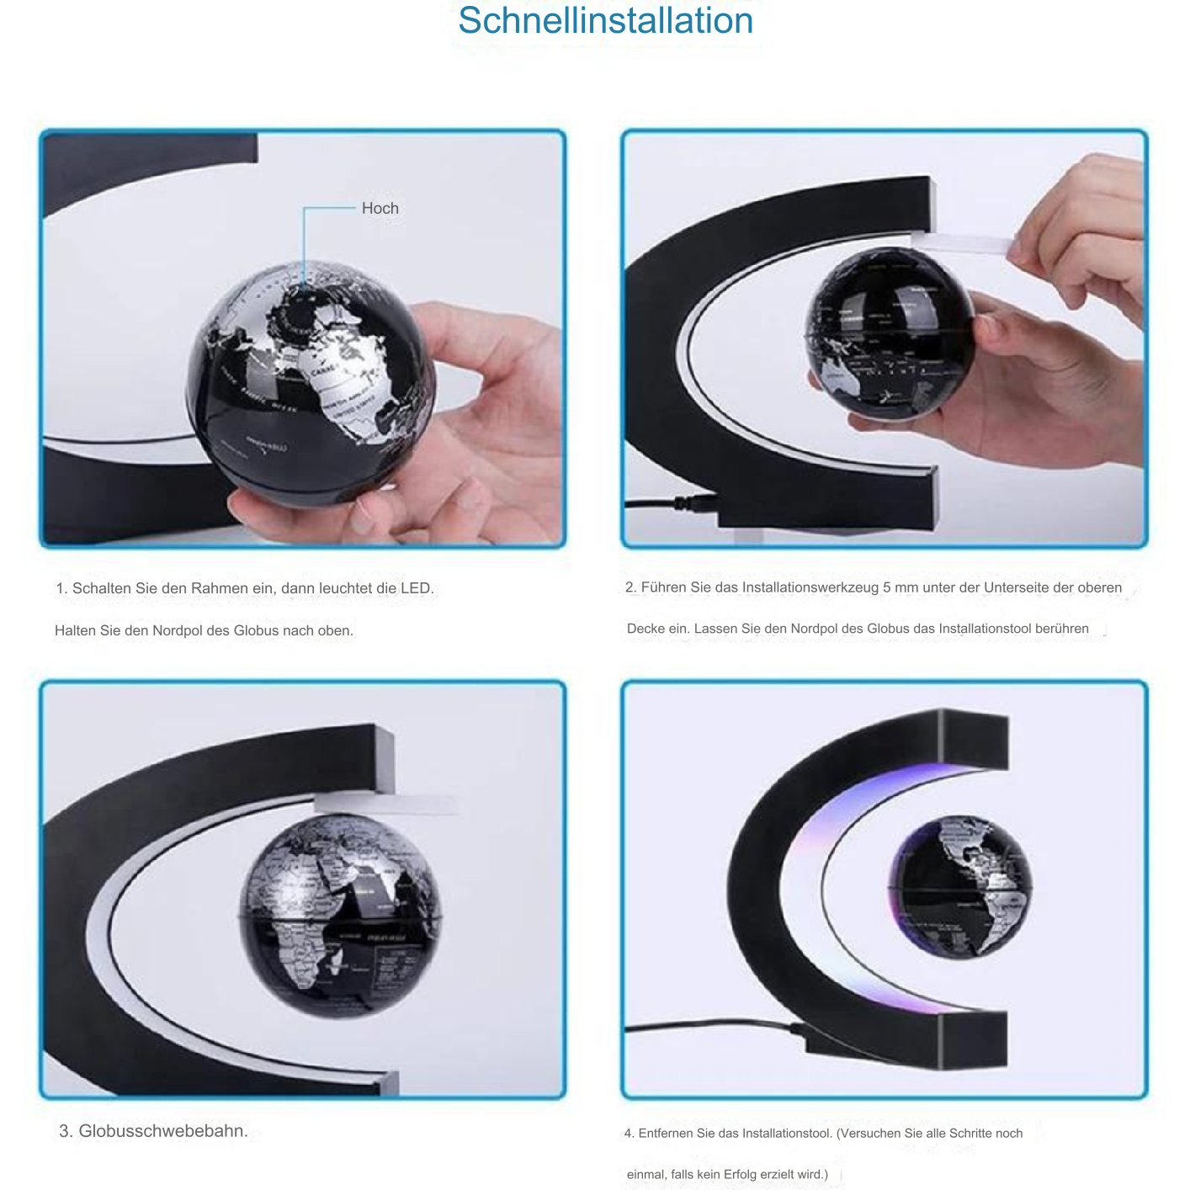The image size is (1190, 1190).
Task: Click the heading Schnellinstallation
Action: [x=605, y=21]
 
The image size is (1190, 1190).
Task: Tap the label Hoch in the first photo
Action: [x=380, y=209]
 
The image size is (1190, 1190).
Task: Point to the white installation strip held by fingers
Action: [x=968, y=244]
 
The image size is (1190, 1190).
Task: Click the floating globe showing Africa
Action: [x=340, y=913]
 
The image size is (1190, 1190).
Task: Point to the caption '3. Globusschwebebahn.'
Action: [x=153, y=1131]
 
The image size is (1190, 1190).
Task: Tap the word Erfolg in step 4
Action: [x=741, y=1174]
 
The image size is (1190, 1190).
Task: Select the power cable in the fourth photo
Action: [x=707, y=1027]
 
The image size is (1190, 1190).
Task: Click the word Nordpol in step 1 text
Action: [x=178, y=630]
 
